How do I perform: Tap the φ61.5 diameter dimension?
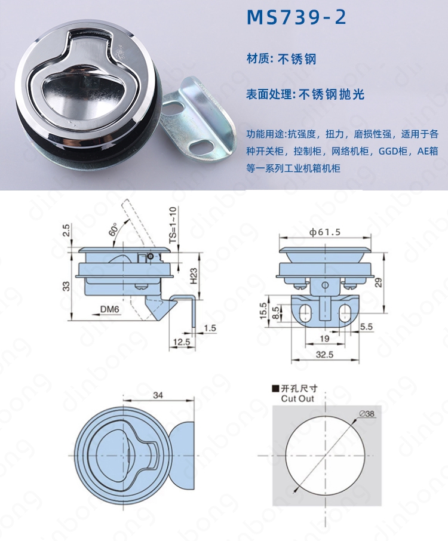[x=325, y=232]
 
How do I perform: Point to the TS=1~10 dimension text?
[x=173, y=224]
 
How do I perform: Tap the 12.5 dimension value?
[x=182, y=342]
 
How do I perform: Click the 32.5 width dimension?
[x=324, y=354]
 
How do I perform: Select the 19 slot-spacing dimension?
[x=324, y=339]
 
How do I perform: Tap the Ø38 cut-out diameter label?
[x=367, y=413]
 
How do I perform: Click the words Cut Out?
[x=297, y=399]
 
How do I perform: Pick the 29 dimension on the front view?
[x=379, y=283]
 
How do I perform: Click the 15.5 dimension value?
[x=263, y=311]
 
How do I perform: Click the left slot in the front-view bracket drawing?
[x=303, y=312]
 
